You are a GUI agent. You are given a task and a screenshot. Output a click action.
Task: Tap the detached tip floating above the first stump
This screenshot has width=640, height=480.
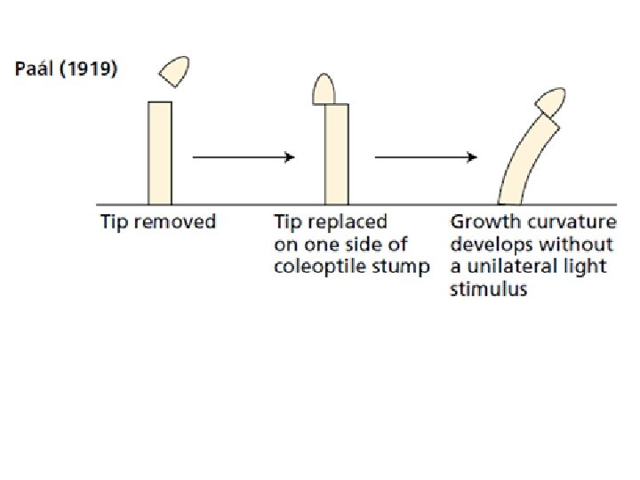tap(174, 71)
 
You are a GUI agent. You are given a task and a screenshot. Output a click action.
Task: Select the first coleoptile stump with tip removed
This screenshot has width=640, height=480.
tap(160, 153)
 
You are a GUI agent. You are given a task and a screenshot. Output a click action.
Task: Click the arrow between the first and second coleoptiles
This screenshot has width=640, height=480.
tap(244, 157)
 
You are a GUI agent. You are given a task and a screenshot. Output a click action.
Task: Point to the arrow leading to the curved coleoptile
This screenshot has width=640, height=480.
tap(426, 157)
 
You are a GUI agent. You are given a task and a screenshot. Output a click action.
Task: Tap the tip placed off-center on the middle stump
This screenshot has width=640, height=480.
tap(324, 88)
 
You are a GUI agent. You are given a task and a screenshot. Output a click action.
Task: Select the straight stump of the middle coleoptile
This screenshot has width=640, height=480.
tap(336, 154)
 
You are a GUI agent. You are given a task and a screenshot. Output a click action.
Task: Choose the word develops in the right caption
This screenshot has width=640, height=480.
tap(489, 244)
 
